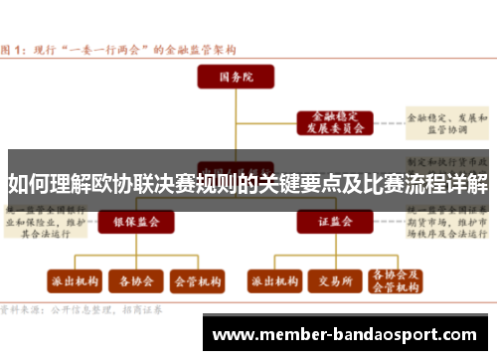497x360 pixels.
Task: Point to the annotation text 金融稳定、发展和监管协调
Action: [x=448, y=122]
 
